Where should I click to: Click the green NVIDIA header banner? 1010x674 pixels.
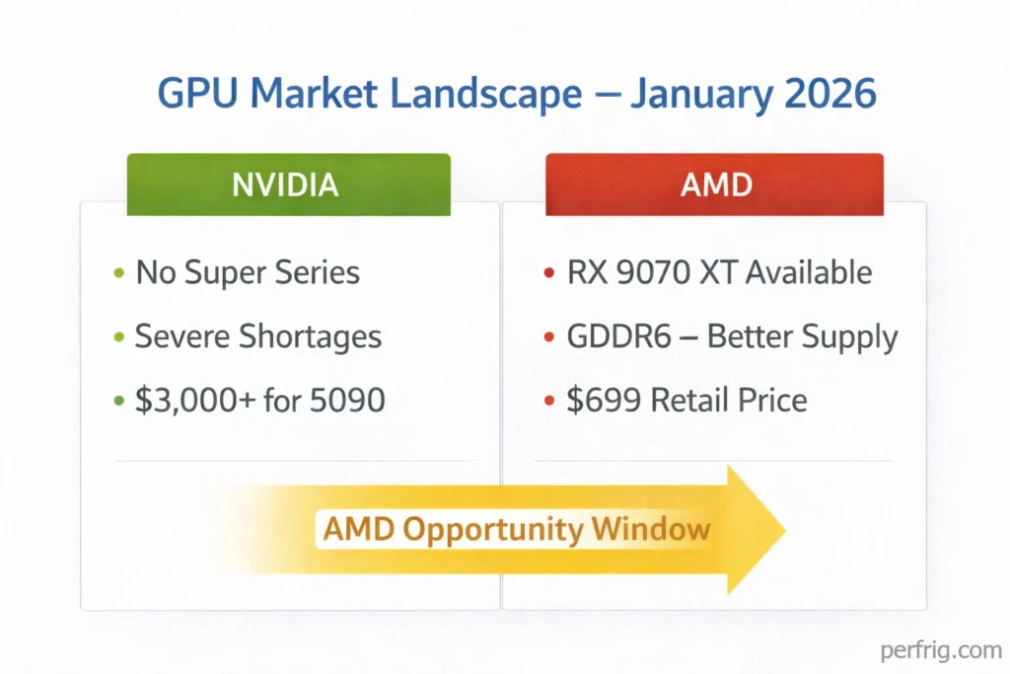(x=288, y=185)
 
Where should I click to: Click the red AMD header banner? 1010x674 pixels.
(x=715, y=185)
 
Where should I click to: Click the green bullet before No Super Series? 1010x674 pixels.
(x=118, y=273)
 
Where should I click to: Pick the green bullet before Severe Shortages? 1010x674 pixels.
(x=118, y=337)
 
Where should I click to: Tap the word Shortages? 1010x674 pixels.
(x=309, y=337)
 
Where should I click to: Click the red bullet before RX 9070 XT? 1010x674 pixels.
(x=548, y=273)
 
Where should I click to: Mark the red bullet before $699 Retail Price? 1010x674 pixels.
(x=548, y=402)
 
